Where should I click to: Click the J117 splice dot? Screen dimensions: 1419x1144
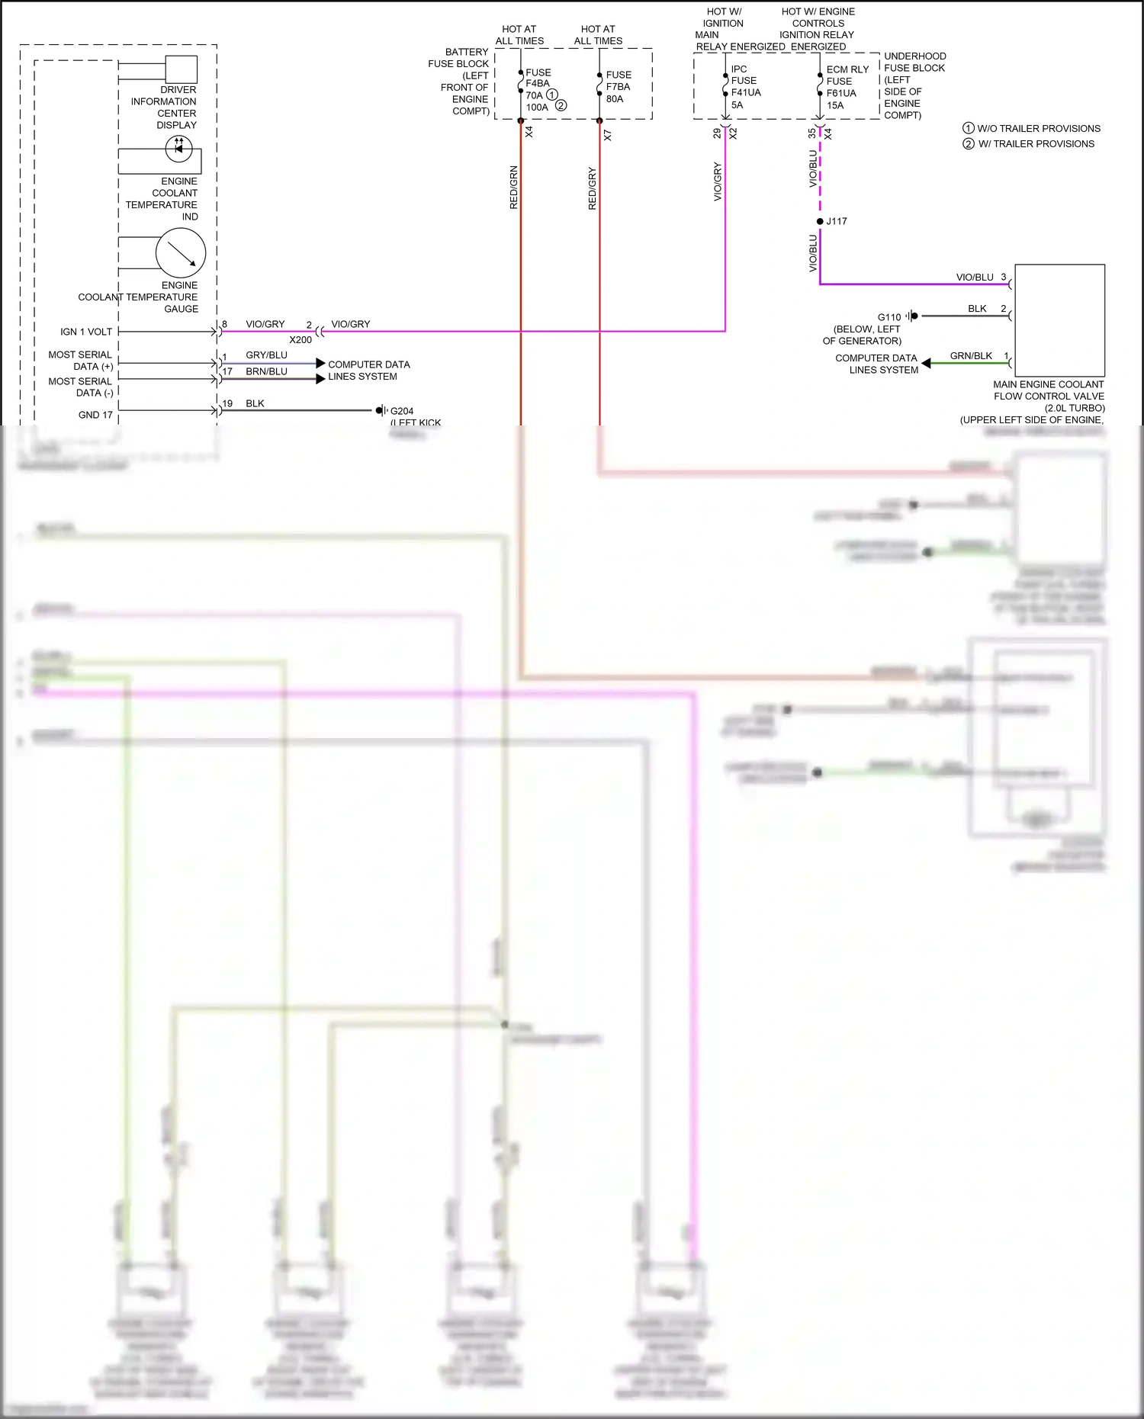[x=820, y=221]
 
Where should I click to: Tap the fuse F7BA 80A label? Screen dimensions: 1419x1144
[x=618, y=87]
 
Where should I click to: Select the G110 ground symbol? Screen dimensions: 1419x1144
[x=911, y=316]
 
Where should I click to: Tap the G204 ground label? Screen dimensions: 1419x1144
[x=401, y=411]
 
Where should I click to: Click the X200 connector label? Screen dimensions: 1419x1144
[x=300, y=340]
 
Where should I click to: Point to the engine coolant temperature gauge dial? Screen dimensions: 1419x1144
[x=181, y=253]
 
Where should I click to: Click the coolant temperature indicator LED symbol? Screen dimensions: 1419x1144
[x=179, y=148]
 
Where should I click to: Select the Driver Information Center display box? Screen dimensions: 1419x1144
[x=182, y=69]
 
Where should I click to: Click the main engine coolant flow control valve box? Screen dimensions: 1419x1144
[x=1059, y=319]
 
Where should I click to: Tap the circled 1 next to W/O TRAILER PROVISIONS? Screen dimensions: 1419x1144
[x=969, y=128]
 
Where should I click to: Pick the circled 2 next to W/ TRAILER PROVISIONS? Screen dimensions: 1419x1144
[x=969, y=143]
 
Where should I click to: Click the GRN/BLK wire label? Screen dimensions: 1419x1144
[x=971, y=356]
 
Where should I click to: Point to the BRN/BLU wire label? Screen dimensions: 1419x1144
[x=266, y=371]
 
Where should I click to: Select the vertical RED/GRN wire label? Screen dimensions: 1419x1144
[x=513, y=187]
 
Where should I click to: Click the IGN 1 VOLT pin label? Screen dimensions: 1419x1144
[x=86, y=332]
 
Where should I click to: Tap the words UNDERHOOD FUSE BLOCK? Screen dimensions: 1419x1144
[x=914, y=62]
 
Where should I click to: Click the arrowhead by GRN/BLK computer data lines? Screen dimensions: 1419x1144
[x=926, y=364]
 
